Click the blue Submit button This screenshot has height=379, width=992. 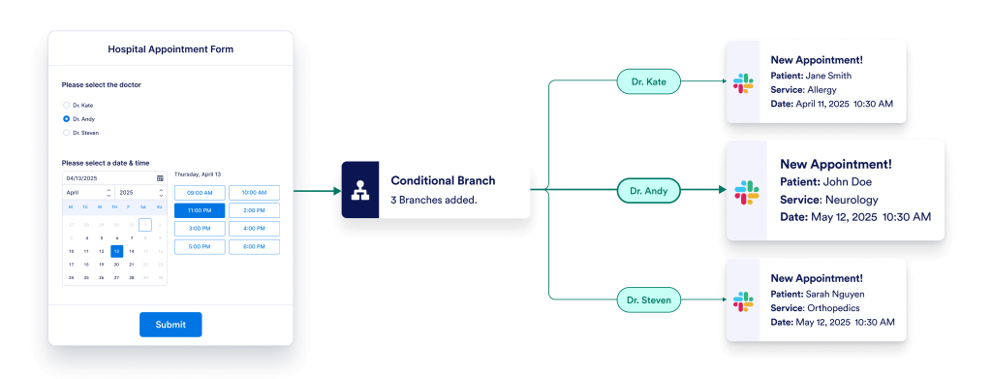(x=170, y=324)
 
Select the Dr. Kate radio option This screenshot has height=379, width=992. (x=66, y=105)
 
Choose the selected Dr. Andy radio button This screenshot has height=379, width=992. (x=66, y=118)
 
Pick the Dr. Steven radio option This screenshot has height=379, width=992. (x=66, y=132)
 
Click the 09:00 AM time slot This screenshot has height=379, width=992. (x=200, y=192)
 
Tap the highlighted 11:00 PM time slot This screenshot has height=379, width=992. (x=200, y=210)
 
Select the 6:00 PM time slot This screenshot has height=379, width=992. (x=254, y=246)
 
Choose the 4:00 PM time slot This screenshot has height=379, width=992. (x=254, y=229)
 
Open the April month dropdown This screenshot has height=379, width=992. (x=87, y=193)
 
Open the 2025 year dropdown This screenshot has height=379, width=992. (x=139, y=193)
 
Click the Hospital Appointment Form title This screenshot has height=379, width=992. (x=170, y=48)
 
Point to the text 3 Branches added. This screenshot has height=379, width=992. (x=432, y=200)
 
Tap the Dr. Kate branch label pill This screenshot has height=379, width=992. (x=649, y=82)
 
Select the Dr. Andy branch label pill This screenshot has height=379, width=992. (x=649, y=191)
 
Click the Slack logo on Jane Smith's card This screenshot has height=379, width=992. (x=743, y=82)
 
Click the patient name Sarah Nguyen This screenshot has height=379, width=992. (x=834, y=294)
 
